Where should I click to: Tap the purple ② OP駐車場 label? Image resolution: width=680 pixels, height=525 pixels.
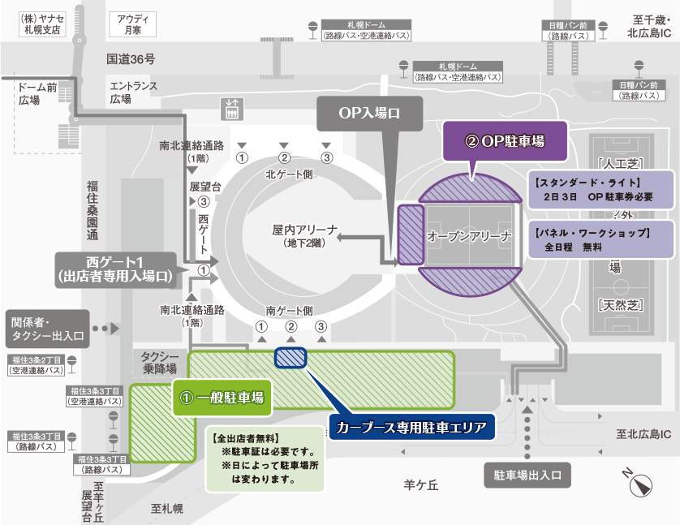[x=504, y=140]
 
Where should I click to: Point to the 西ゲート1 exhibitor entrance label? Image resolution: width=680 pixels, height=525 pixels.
[x=114, y=269]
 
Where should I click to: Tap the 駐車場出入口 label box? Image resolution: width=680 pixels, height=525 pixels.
[x=527, y=475]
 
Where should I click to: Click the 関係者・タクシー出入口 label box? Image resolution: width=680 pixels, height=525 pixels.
[x=45, y=329]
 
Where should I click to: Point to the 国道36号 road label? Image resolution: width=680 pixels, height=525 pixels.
[x=130, y=59]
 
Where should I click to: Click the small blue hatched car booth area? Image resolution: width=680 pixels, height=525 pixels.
[x=291, y=357]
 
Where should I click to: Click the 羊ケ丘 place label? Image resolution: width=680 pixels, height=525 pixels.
[x=421, y=485]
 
